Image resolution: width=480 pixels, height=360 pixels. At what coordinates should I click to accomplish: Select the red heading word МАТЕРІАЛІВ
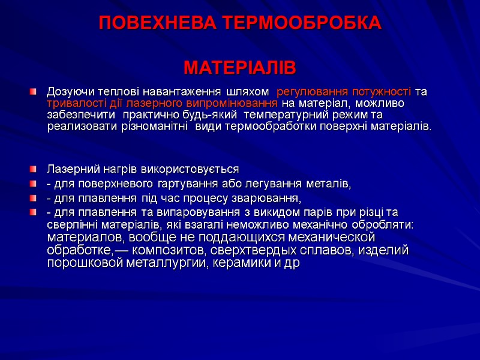coord(240,68)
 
